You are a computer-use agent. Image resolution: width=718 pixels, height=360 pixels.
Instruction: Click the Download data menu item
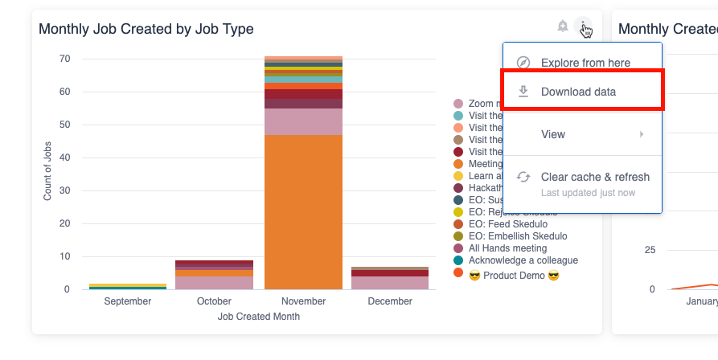(578, 92)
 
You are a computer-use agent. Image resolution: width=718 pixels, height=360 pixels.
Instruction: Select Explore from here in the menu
(585, 63)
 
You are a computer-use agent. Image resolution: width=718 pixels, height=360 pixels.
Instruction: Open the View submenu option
(553, 134)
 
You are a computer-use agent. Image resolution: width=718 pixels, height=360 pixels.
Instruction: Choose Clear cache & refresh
(595, 177)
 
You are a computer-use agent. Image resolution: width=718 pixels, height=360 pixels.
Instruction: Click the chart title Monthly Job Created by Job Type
(146, 30)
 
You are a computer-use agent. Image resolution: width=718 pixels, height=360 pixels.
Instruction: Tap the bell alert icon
(563, 27)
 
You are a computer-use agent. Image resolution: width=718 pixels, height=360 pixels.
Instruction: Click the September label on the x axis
(127, 301)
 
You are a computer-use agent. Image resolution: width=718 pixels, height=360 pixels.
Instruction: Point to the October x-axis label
(215, 301)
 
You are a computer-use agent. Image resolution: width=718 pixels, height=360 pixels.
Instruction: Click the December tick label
(390, 301)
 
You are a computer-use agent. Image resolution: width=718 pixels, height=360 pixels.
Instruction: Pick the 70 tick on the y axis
(64, 59)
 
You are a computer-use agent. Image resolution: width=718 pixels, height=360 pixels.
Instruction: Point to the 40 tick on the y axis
(64, 157)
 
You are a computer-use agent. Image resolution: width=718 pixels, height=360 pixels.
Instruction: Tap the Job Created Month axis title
(259, 317)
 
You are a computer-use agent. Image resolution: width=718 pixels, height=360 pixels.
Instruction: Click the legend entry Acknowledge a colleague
(523, 260)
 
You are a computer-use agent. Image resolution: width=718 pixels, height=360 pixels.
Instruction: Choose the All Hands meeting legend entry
(507, 248)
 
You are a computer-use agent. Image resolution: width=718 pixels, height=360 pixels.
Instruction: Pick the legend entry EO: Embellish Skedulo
(517, 236)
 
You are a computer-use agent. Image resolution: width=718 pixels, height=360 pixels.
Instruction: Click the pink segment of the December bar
(390, 283)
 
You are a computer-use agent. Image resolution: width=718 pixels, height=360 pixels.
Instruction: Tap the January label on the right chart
(702, 301)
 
